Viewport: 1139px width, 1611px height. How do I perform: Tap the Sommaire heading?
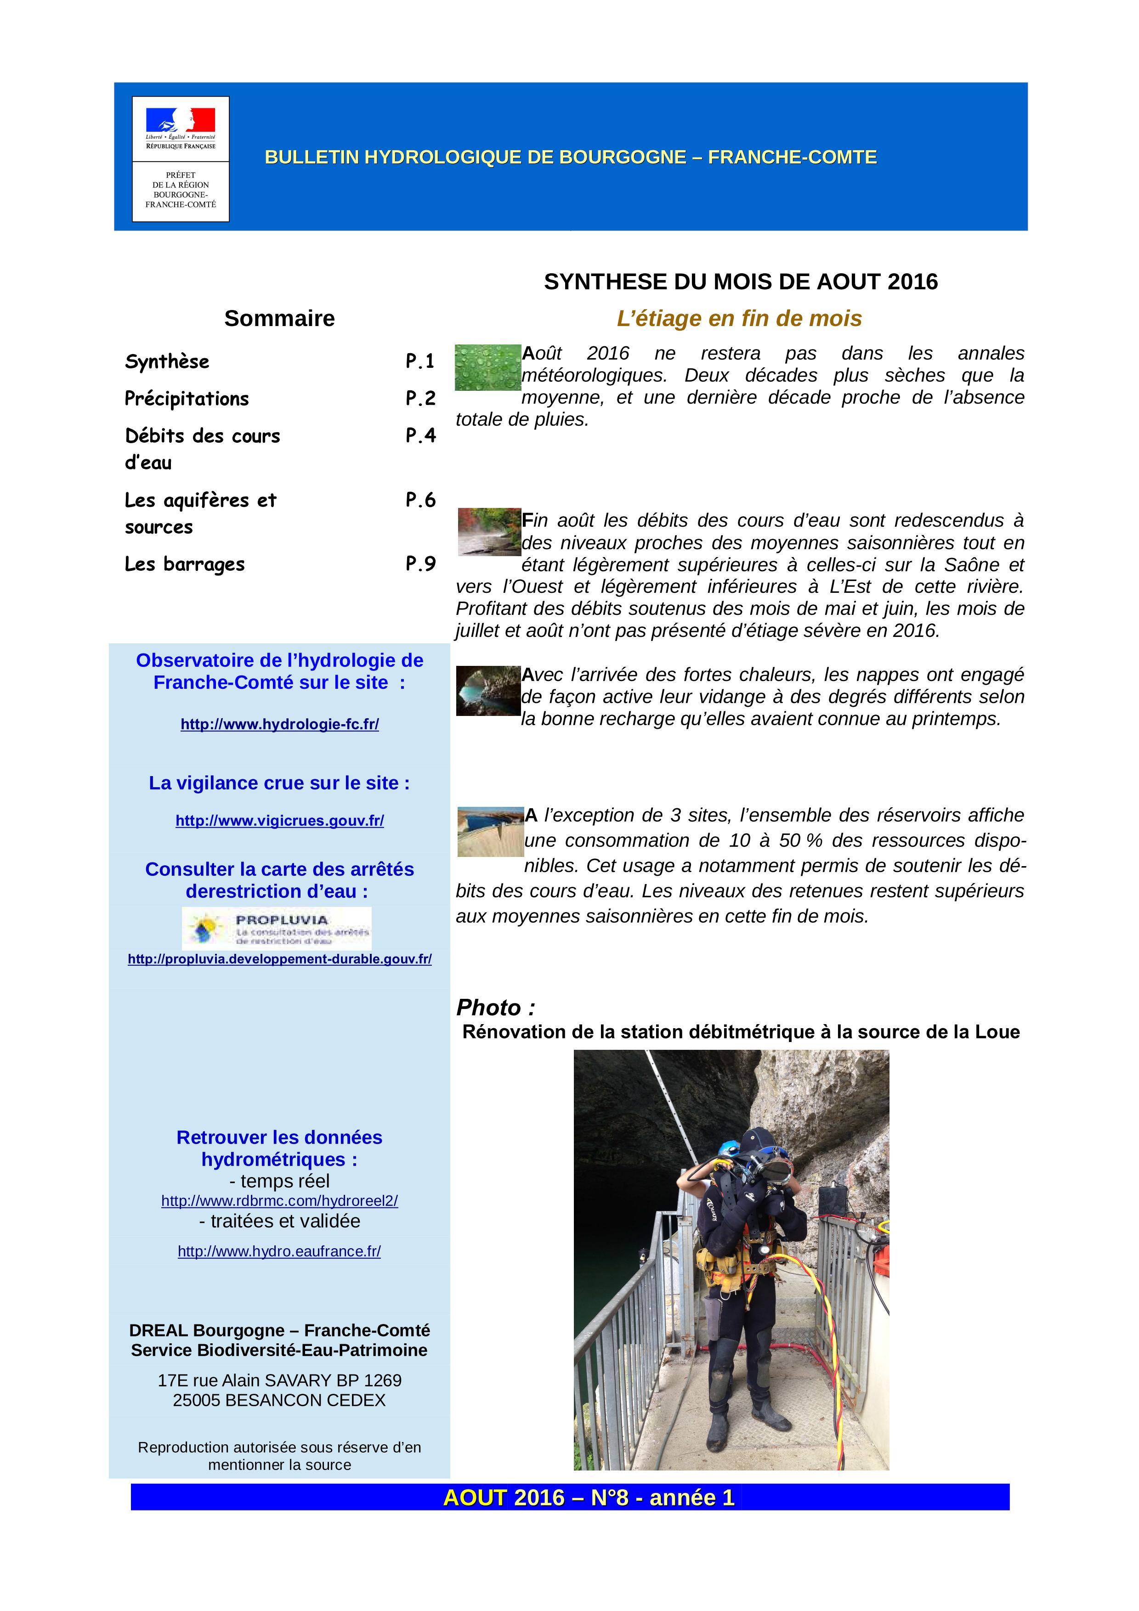point(279,319)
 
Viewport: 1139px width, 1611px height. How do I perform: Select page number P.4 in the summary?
point(420,436)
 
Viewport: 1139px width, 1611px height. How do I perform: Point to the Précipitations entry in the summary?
point(187,399)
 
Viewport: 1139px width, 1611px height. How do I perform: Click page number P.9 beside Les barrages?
point(420,564)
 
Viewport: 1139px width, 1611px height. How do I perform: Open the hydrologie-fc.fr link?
point(279,725)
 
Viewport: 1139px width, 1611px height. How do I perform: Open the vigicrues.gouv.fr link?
point(279,821)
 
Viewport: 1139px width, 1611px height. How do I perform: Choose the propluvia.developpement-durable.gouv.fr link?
point(279,959)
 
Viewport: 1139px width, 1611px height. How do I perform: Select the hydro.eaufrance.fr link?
point(279,1252)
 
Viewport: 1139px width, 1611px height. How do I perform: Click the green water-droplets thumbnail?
point(488,367)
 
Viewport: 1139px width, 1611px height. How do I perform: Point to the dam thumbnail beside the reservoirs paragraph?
point(490,832)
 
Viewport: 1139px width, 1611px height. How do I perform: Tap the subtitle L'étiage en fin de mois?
point(739,319)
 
